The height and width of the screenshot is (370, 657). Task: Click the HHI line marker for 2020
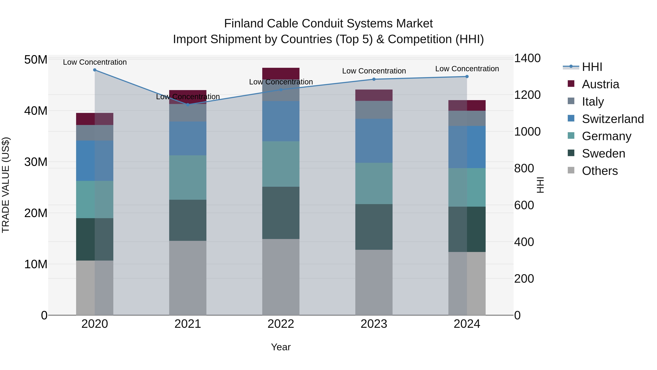(95, 70)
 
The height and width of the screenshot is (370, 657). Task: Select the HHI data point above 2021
(188, 105)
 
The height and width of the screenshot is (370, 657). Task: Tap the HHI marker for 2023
(374, 79)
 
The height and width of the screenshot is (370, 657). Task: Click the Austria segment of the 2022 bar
(281, 73)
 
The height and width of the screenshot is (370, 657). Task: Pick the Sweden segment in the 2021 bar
(188, 220)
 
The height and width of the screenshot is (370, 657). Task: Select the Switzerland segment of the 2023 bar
(374, 141)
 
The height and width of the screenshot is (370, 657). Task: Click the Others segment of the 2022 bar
(281, 277)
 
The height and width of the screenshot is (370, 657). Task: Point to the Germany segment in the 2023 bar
(374, 183)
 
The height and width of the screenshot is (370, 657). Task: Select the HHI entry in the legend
(592, 67)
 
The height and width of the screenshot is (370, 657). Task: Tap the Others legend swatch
(571, 170)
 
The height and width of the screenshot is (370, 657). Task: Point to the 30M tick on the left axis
(36, 162)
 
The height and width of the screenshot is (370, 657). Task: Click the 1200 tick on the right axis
(527, 95)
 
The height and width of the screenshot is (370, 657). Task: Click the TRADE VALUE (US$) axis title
(6, 185)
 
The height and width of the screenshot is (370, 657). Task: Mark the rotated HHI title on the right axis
(540, 185)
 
